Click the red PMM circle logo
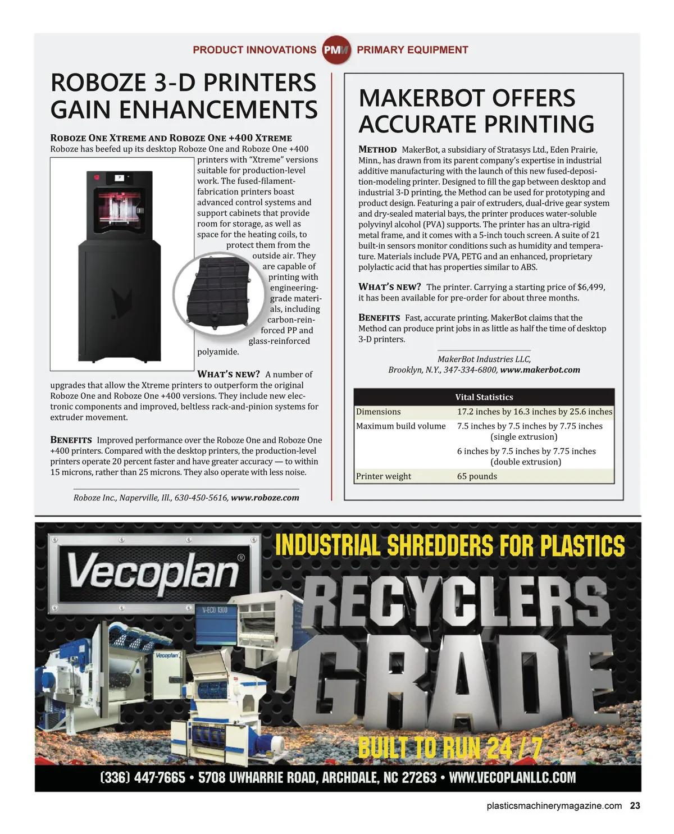click(336, 50)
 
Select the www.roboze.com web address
click(265, 498)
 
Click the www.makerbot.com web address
click(540, 370)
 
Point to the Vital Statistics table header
click(484, 397)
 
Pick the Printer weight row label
click(384, 476)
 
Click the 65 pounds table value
click(477, 476)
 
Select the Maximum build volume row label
click(400, 426)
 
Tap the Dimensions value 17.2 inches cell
click(534, 412)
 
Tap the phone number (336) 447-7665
click(142, 778)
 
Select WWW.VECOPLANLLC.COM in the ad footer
click(512, 778)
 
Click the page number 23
click(635, 805)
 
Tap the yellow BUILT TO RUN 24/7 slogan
click(450, 747)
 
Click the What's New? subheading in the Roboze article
click(228, 374)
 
